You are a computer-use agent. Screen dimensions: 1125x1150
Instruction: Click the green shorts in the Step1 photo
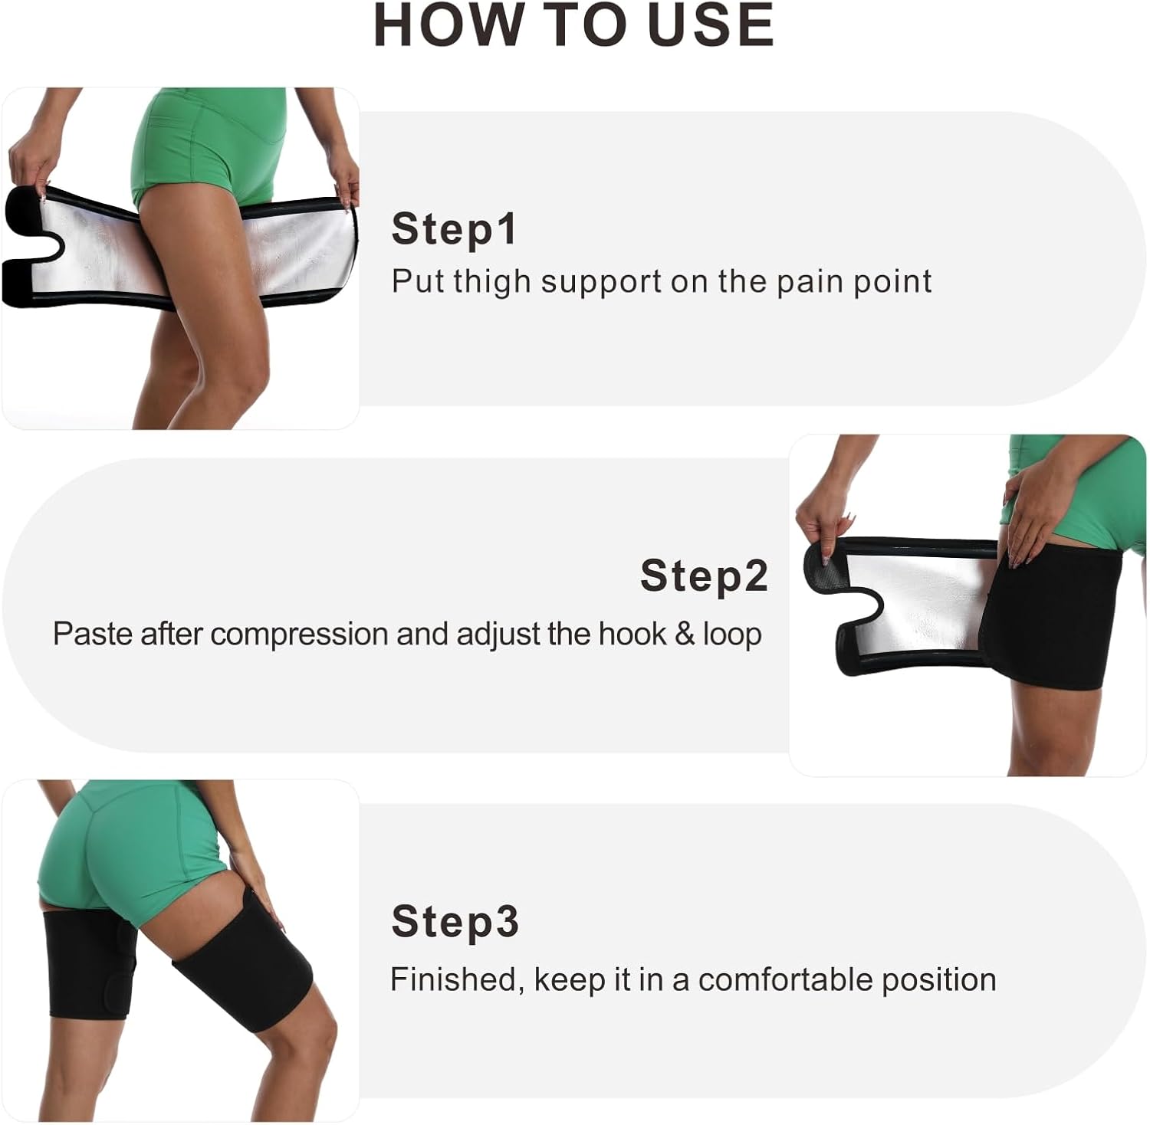207,153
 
